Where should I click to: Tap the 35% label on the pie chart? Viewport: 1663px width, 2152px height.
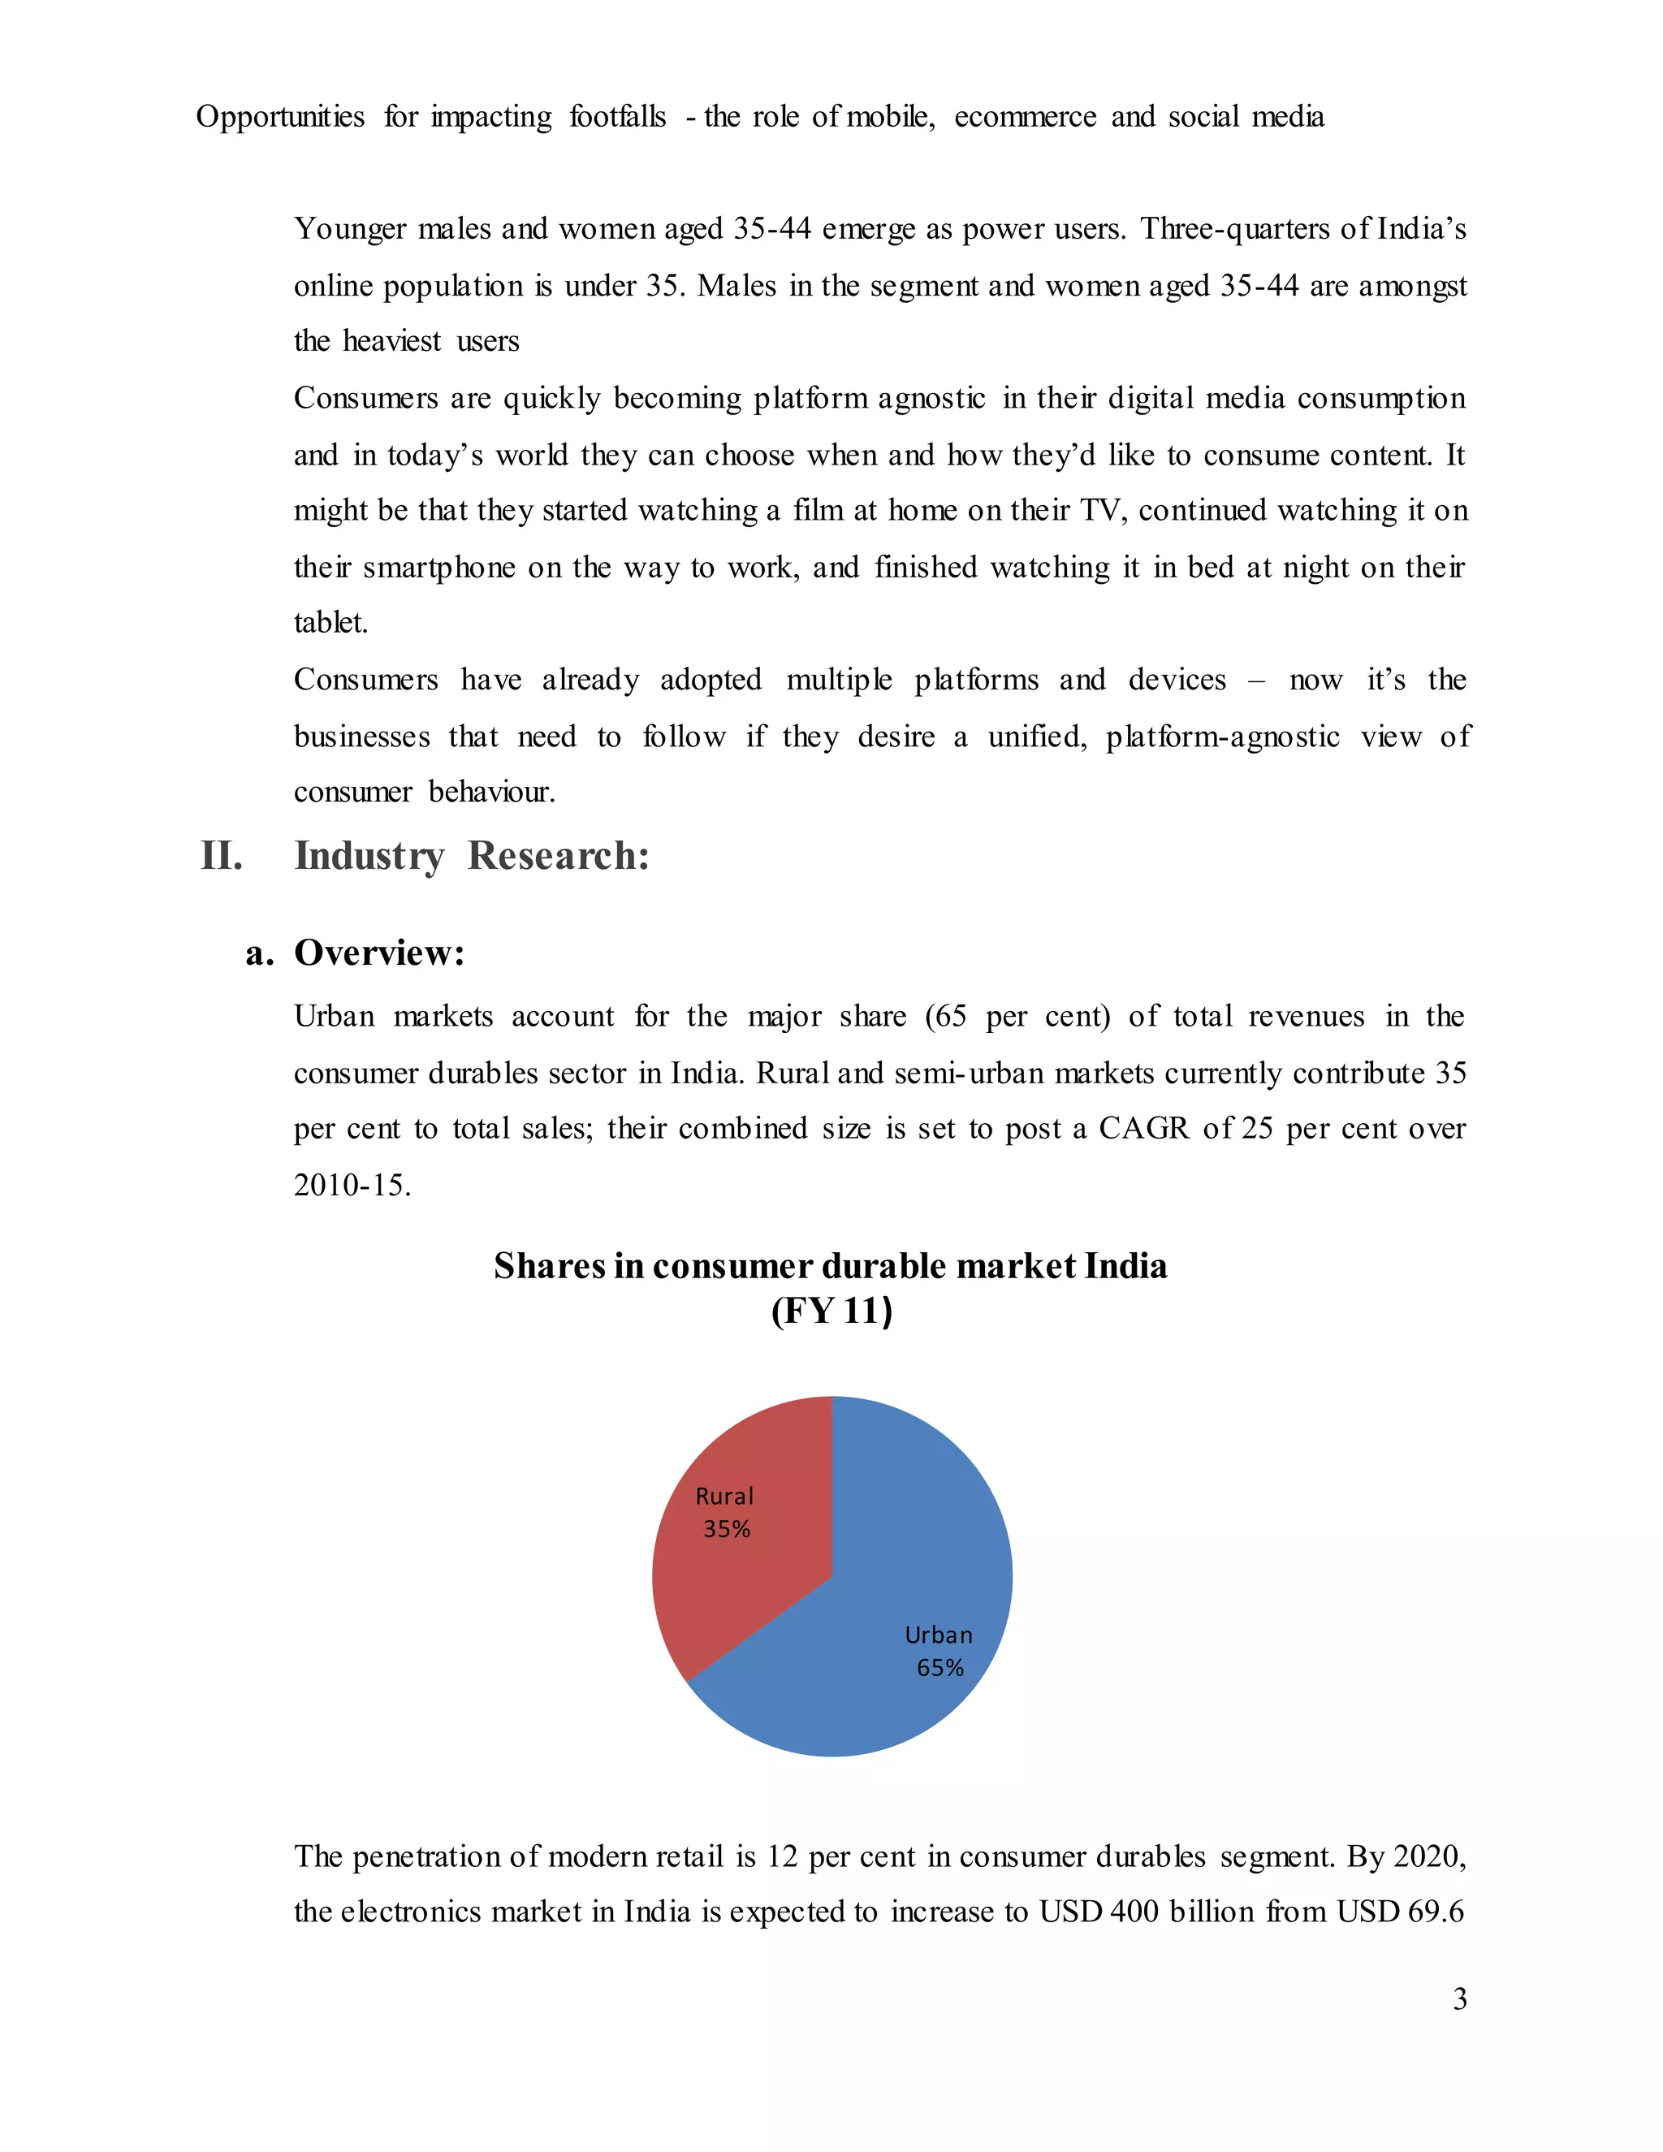coord(727,1528)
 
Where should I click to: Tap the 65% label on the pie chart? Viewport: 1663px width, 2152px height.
coord(939,1667)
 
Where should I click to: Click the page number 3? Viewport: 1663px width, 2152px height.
coord(1459,1999)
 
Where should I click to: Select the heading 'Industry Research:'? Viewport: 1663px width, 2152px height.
coord(472,855)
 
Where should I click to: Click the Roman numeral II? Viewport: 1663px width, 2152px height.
coord(221,855)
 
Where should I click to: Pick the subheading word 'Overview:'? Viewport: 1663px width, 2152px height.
coord(379,953)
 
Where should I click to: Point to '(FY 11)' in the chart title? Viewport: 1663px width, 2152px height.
coord(831,1312)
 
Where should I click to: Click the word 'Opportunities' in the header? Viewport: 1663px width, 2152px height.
coord(280,116)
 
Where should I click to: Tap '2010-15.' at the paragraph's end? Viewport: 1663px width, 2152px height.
coord(352,1184)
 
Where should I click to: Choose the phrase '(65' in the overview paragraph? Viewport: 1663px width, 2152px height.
coord(946,1016)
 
